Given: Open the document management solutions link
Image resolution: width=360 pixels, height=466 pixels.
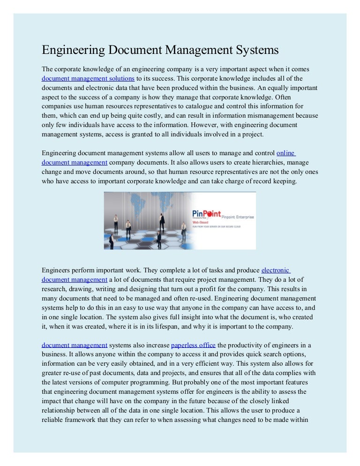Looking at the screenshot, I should [88, 78].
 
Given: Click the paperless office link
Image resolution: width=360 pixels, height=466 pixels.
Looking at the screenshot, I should [193, 345].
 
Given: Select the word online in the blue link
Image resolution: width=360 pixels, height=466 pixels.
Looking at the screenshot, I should [285, 153].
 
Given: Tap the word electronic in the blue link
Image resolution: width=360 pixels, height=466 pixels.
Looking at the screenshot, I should [276, 270].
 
